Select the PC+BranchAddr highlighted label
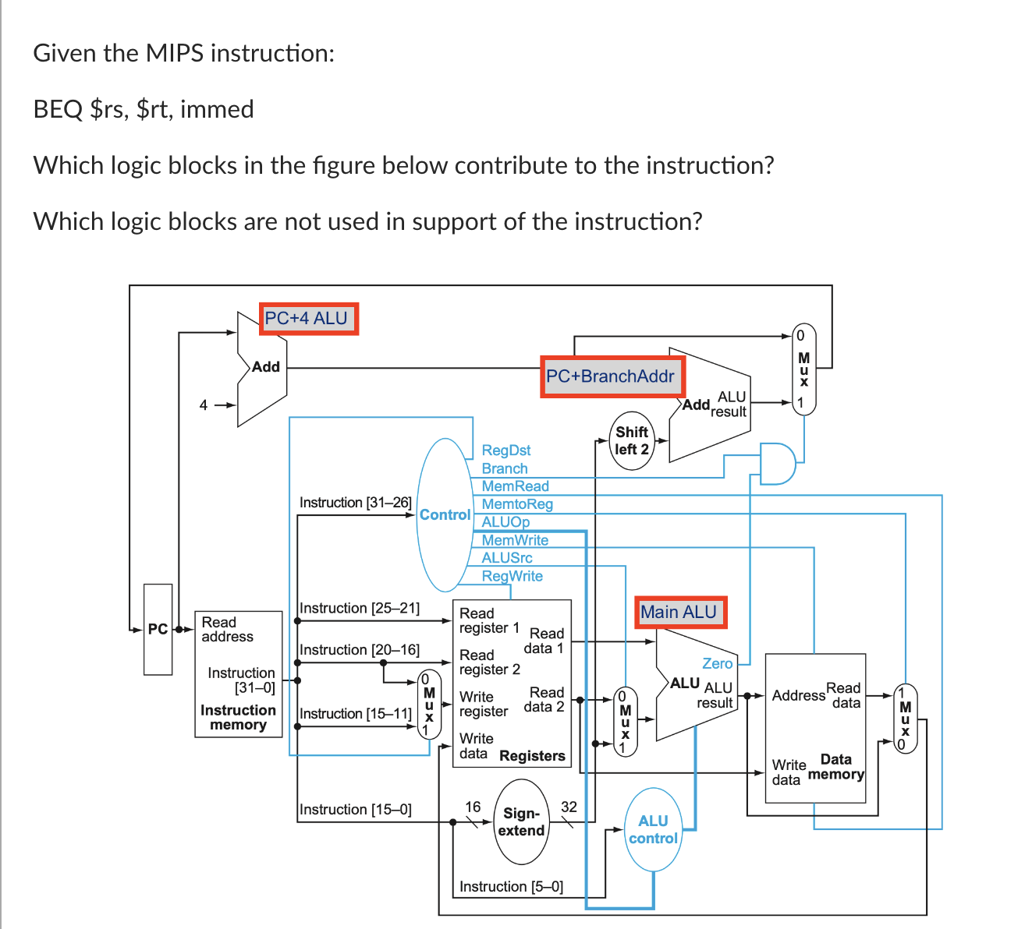pyautogui.click(x=611, y=376)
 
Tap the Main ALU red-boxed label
pyautogui.click(x=679, y=613)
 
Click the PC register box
pyautogui.click(x=158, y=629)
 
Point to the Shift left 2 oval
pyautogui.click(x=631, y=441)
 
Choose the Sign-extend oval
pyautogui.click(x=521, y=822)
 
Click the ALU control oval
pyautogui.click(x=653, y=829)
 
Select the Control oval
pyautogui.click(x=445, y=514)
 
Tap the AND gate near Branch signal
pyautogui.click(x=777, y=464)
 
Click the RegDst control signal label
pyautogui.click(x=505, y=450)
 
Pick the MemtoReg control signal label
pyautogui.click(x=517, y=504)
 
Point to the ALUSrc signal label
pyautogui.click(x=507, y=558)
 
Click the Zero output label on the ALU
pyautogui.click(x=717, y=663)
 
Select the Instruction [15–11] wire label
pyautogui.click(x=356, y=713)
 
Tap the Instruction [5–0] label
pyautogui.click(x=511, y=886)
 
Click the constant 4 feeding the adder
pyautogui.click(x=204, y=404)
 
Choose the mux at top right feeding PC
pyautogui.click(x=803, y=369)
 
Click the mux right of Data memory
pyautogui.click(x=905, y=718)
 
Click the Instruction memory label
pyautogui.click(x=238, y=717)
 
